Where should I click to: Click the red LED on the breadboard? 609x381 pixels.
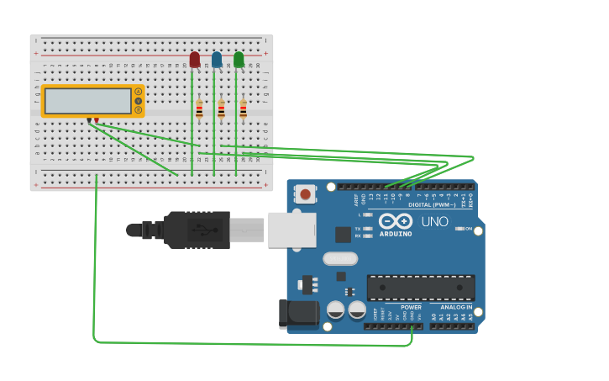click(195, 60)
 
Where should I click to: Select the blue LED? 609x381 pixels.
click(217, 60)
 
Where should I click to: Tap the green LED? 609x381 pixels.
click(239, 60)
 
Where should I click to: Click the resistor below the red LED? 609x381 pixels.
click(199, 109)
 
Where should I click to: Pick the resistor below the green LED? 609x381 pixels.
click(243, 109)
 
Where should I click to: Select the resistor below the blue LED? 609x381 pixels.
click(221, 109)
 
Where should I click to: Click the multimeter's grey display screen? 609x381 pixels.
click(88, 101)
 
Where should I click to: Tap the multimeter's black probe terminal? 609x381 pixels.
click(89, 120)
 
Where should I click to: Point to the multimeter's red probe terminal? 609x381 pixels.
click(97, 120)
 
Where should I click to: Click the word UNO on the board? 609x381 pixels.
click(434, 222)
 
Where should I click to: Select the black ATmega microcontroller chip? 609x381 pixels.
click(421, 287)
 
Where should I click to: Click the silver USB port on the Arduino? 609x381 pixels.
click(291, 230)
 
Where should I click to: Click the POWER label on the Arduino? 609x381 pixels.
click(387, 307)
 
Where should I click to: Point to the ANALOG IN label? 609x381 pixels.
click(455, 307)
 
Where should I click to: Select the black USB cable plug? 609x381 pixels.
click(197, 230)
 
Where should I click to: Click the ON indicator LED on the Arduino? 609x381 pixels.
click(459, 229)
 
